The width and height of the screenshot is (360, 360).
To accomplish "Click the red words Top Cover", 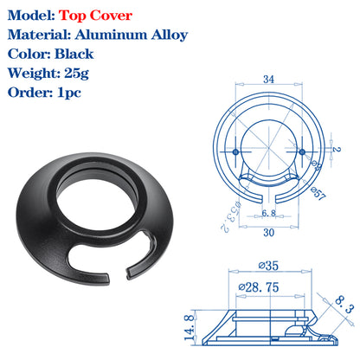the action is [x=95, y=16].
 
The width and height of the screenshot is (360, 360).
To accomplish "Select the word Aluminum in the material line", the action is [x=112, y=35].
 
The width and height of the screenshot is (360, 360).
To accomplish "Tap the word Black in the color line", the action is [x=74, y=54].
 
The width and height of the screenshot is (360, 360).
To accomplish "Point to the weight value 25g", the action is [x=76, y=74].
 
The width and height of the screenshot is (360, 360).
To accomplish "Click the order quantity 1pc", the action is [x=69, y=93].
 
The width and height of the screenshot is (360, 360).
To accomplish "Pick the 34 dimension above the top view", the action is [x=268, y=79].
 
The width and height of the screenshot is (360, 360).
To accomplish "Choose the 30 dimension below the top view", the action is [x=268, y=232].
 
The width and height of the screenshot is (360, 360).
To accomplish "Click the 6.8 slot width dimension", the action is [x=268, y=213].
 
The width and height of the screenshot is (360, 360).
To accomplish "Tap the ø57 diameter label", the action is [x=318, y=194].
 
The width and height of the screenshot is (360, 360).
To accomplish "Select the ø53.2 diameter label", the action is [x=230, y=215].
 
